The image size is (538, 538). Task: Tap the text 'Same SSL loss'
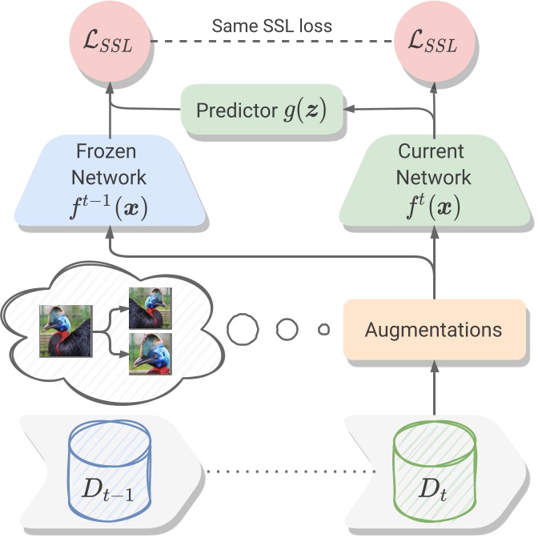[x=272, y=26]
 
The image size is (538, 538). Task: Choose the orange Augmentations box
[x=434, y=329]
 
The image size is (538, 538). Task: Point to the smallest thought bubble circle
[x=323, y=329]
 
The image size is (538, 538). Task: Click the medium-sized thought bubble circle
[x=288, y=329]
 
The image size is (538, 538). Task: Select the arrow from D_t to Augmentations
[x=434, y=392]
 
